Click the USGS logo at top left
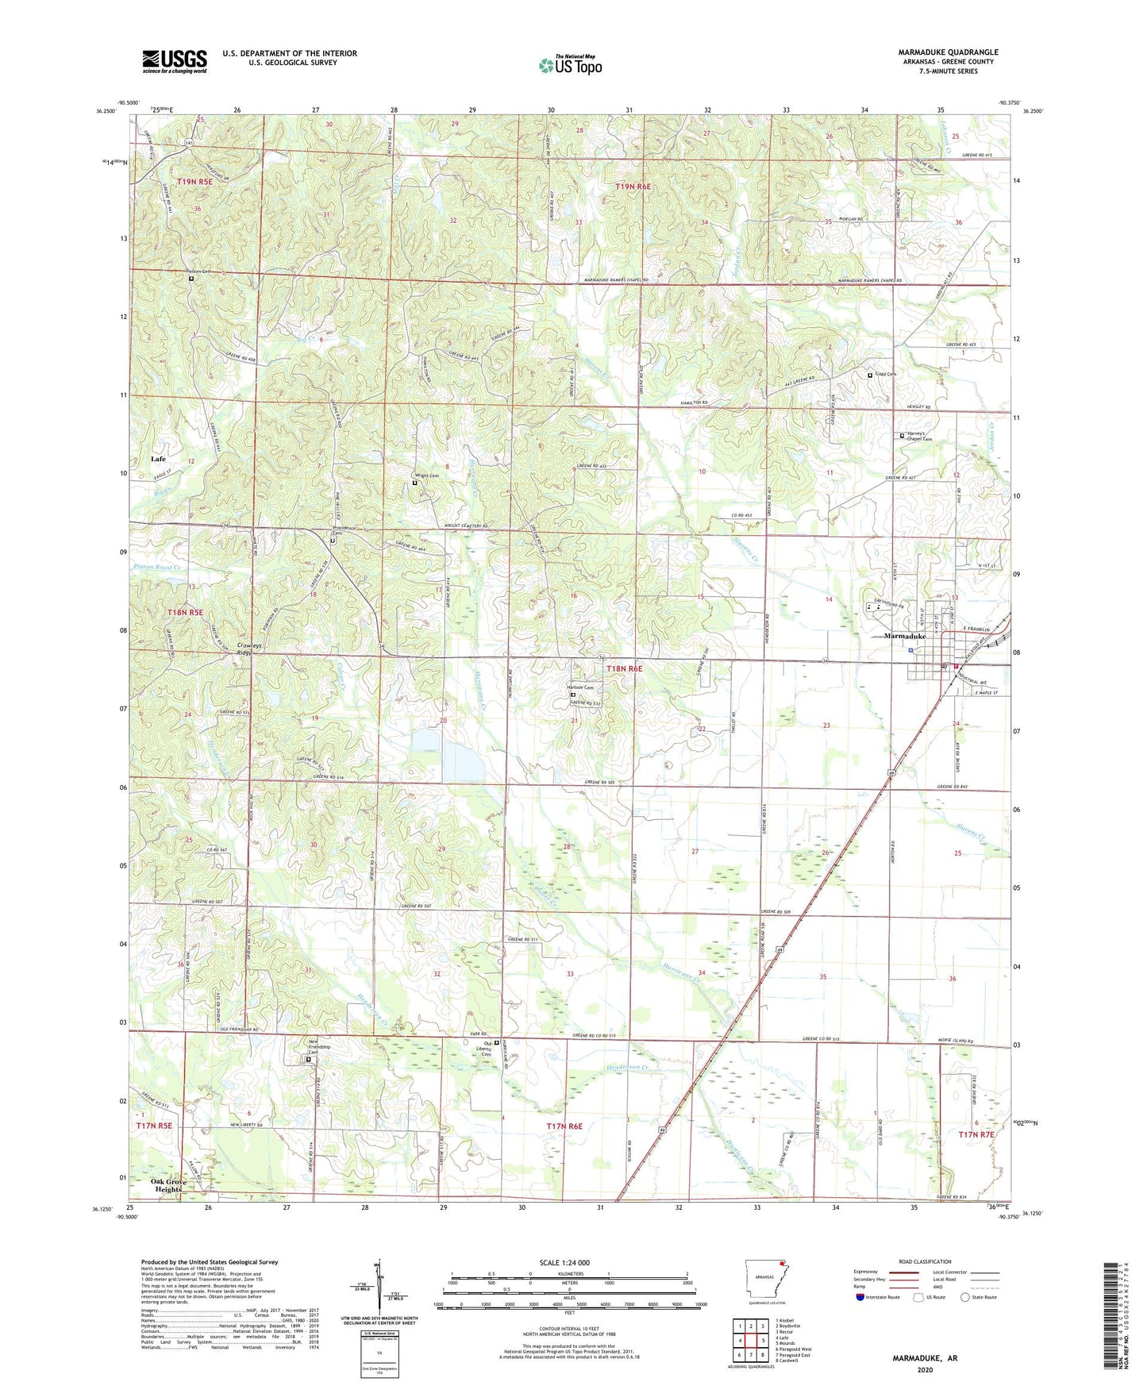[174, 61]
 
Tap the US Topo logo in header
[570, 65]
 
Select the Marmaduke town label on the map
[905, 637]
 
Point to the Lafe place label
[158, 459]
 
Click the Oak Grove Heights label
[167, 1185]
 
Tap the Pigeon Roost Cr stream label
[158, 568]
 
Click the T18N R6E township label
[624, 669]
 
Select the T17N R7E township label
[976, 1135]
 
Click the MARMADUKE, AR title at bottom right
[924, 1358]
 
